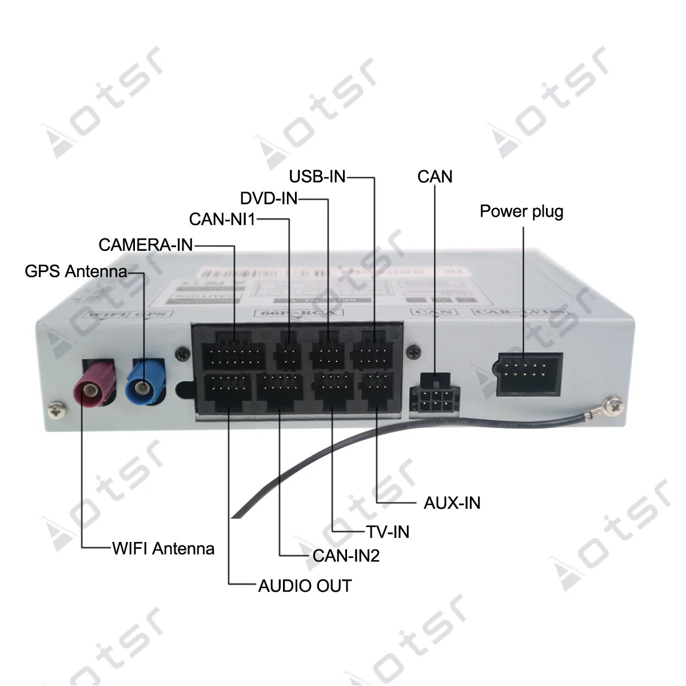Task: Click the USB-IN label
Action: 317,176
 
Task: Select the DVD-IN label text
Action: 269,198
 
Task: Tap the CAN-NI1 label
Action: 222,219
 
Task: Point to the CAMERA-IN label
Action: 146,245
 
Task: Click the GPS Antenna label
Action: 75,270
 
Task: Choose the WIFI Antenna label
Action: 163,549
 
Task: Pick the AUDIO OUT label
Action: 305,586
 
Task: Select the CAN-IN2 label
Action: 346,556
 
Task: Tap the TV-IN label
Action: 388,532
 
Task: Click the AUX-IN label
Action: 452,504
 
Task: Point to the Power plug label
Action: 521,212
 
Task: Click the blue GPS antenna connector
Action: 147,384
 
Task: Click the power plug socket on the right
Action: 529,374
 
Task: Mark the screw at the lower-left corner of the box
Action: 55,409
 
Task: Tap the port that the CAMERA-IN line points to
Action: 232,355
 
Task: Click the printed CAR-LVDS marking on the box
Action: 519,313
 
